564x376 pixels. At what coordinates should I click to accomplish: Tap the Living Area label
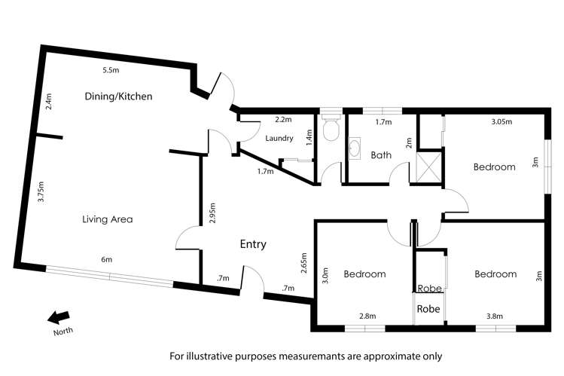(x=108, y=219)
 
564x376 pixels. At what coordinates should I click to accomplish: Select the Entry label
(x=253, y=244)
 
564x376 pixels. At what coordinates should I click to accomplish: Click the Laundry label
(x=279, y=138)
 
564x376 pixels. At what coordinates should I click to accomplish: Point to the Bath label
(x=381, y=155)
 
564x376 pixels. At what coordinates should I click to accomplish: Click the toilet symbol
(x=329, y=131)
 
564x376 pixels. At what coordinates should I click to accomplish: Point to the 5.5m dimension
(x=111, y=72)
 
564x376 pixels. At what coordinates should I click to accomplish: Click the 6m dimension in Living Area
(x=106, y=260)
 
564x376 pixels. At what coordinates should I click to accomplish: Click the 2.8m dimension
(x=367, y=316)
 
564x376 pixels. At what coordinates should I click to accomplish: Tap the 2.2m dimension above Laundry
(x=282, y=120)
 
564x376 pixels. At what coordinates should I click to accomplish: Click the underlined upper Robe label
(x=428, y=288)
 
